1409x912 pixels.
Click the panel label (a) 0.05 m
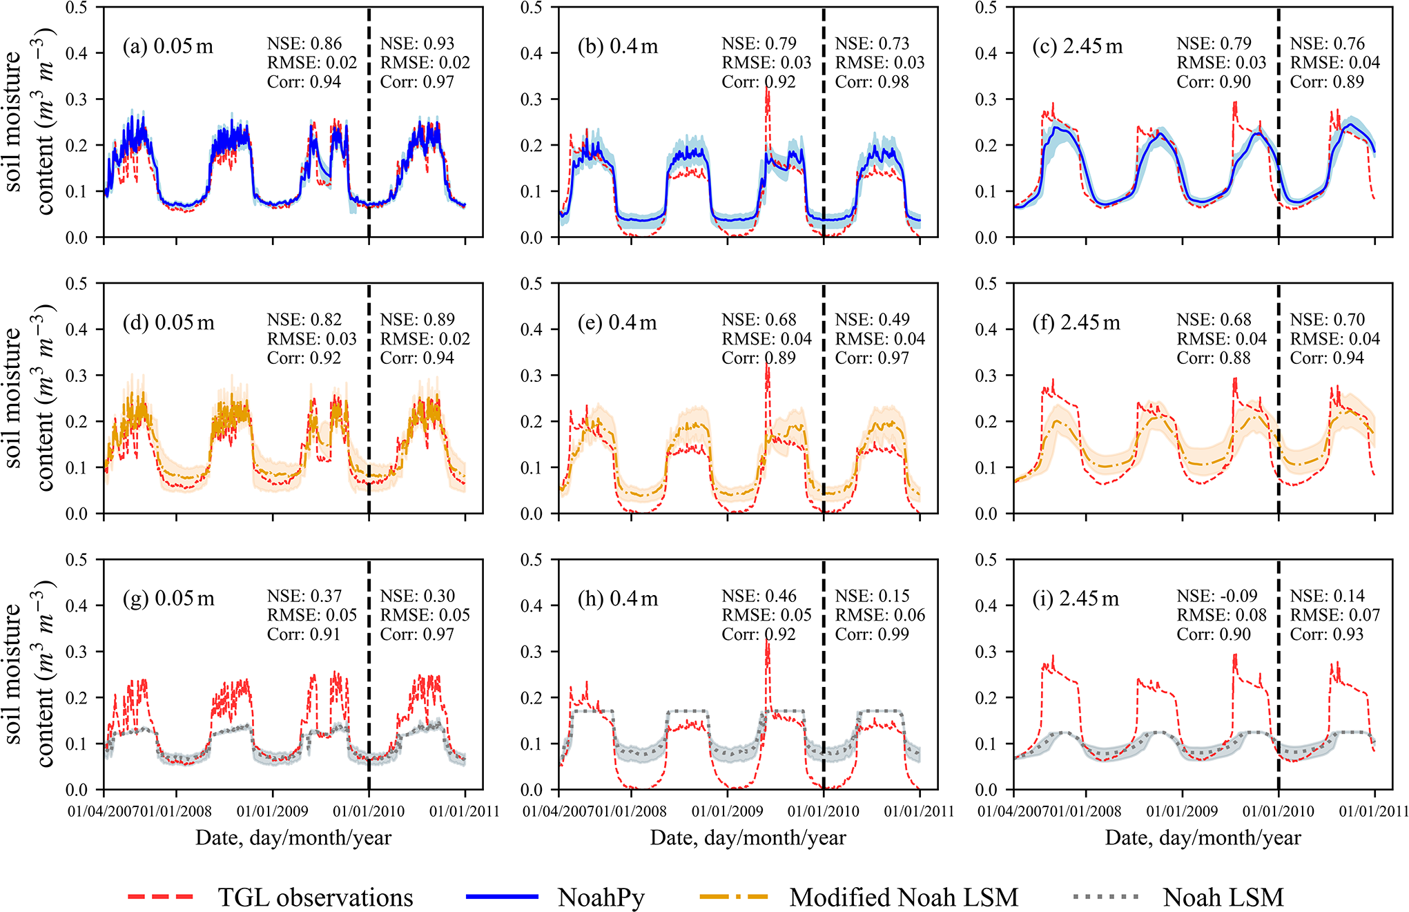point(168,46)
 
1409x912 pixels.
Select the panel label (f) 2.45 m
point(1076,322)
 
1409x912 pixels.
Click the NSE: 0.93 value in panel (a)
point(418,43)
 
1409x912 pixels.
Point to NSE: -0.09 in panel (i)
point(1217,596)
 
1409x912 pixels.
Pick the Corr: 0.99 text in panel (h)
point(872,634)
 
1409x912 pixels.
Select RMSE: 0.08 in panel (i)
point(1222,614)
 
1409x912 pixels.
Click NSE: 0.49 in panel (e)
point(872,320)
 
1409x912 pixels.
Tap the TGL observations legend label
point(315,897)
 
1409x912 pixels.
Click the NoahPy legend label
point(601,897)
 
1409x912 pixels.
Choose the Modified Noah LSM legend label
point(904,897)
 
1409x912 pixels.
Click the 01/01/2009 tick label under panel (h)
point(728,811)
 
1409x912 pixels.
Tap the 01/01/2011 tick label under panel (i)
point(1373,811)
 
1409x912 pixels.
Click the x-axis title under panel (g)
point(293,837)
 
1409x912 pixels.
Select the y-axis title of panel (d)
point(29,398)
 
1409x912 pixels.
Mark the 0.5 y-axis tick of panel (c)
point(986,8)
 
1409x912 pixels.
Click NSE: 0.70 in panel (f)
point(1327,320)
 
